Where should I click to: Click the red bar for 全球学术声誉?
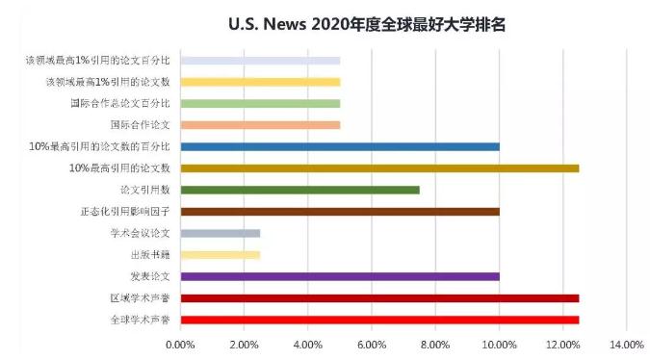tap(379, 320)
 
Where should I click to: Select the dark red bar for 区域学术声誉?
tap(379, 298)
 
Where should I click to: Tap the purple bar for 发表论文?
tap(340, 276)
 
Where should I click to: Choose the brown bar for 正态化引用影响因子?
tap(340, 212)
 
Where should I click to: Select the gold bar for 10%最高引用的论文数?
tap(379, 168)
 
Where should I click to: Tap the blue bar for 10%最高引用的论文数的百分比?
tap(340, 146)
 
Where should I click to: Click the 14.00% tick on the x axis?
tap(626, 344)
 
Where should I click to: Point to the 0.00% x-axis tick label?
tap(180, 344)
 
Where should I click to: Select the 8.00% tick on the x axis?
tap(435, 344)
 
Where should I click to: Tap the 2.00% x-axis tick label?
tap(244, 344)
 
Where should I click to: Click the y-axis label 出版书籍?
tap(150, 255)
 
